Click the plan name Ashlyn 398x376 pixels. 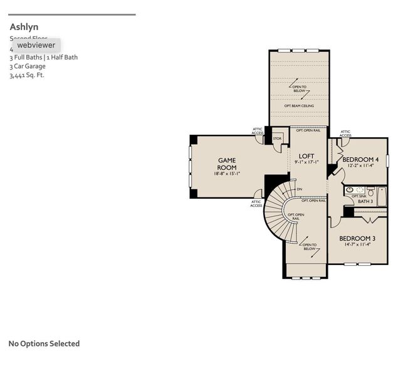click(24, 27)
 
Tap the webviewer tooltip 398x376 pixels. click(36, 45)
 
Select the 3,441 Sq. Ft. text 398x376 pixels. click(27, 75)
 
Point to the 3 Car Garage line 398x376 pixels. click(28, 66)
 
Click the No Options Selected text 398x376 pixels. click(44, 343)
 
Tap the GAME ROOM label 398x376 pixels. click(227, 164)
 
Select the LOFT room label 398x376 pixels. click(306, 156)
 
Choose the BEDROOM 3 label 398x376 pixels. click(357, 239)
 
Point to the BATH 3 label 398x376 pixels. click(365, 201)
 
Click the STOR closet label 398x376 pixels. click(277, 138)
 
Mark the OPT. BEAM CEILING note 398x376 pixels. click(299, 106)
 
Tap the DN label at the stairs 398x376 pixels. click(300, 189)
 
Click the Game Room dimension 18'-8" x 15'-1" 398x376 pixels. click(227, 174)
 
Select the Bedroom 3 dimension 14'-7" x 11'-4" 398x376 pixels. click(357, 245)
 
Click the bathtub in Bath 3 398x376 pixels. click(382, 196)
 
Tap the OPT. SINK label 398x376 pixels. click(359, 196)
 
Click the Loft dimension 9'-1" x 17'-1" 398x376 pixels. click(306, 162)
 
